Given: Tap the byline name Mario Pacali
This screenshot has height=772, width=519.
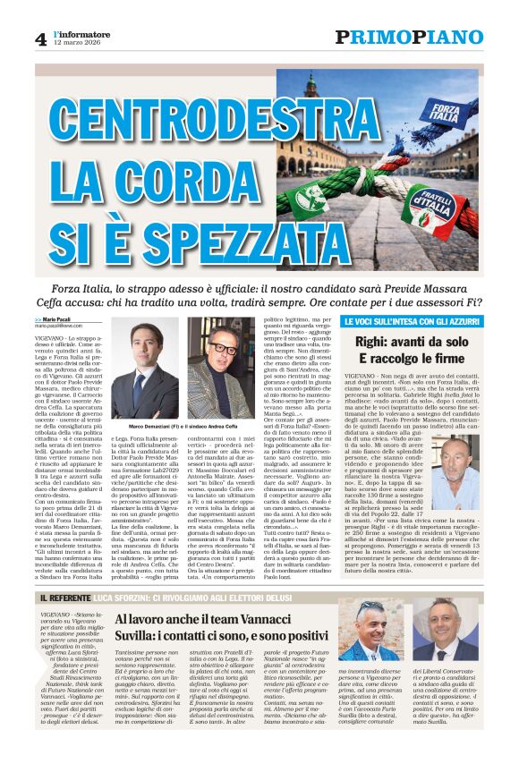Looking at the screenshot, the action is point(55,319).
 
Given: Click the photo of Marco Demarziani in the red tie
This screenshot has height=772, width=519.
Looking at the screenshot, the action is point(143,367).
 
